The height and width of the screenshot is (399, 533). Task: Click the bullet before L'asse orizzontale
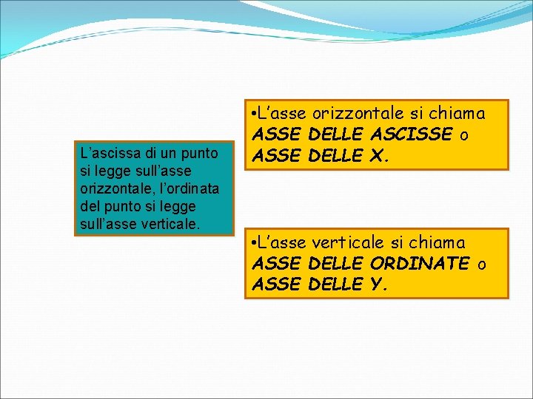[254, 114]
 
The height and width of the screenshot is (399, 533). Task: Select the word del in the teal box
[89, 205]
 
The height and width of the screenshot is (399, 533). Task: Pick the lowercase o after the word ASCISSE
[463, 134]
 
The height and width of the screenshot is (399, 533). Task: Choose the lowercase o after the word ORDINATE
[482, 264]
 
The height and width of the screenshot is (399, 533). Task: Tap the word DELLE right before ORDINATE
[335, 264]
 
